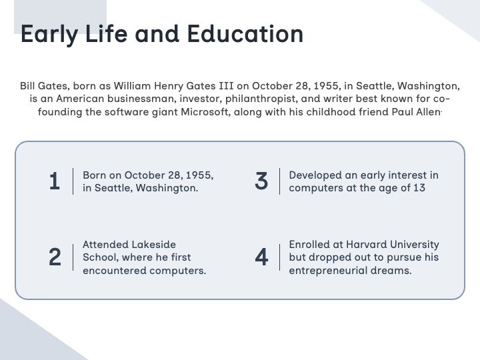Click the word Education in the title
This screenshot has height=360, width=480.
click(x=245, y=34)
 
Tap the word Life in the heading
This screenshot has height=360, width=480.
click(x=106, y=34)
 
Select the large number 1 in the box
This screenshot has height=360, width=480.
click(x=54, y=181)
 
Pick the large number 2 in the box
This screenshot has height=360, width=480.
click(x=55, y=257)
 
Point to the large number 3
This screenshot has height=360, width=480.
click(x=261, y=181)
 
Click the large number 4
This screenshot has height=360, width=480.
click(x=261, y=257)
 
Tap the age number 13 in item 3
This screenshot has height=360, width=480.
click(x=419, y=187)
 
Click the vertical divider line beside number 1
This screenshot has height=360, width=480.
click(x=73, y=181)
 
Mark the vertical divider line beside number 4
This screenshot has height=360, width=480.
click(x=280, y=257)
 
